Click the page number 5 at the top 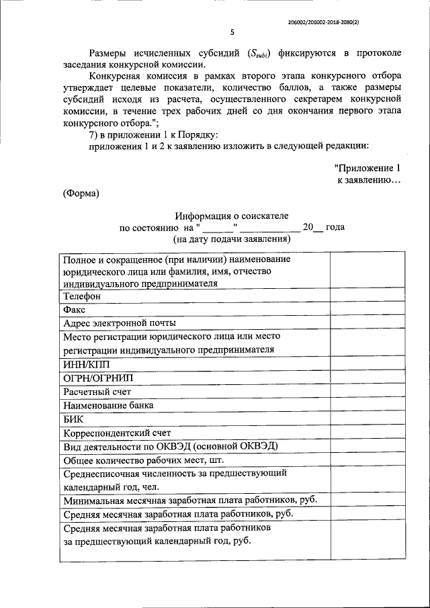click(232, 32)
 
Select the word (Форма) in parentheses click(81, 193)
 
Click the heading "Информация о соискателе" click(232, 216)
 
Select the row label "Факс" click(75, 310)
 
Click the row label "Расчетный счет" click(97, 392)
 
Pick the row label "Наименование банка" click(108, 405)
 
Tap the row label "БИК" click(73, 419)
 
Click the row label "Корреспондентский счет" click(117, 433)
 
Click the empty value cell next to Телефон click(366, 296)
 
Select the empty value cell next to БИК click(366, 419)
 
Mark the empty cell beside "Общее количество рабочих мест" click(366, 461)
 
